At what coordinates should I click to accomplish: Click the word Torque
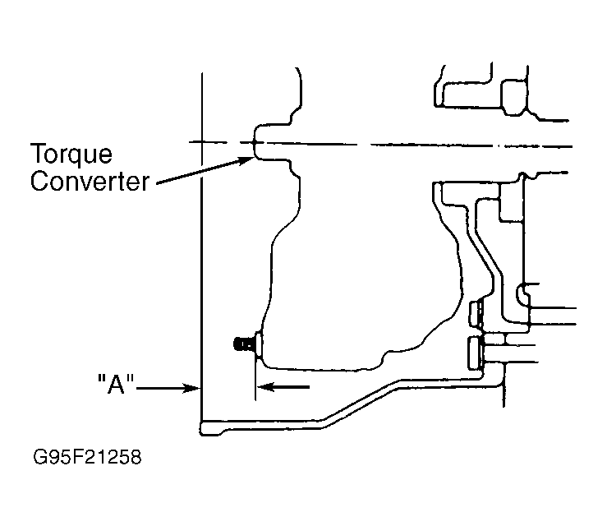click(x=71, y=155)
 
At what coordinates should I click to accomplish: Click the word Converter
click(x=90, y=182)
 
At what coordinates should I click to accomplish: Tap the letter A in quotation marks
click(x=116, y=385)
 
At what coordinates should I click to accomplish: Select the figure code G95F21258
click(x=88, y=457)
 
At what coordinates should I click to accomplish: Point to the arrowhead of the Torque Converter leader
click(x=248, y=159)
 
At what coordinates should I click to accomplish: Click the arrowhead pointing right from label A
click(x=192, y=388)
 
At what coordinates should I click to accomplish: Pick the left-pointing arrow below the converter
click(x=283, y=386)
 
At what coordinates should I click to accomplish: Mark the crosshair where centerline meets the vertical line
click(x=202, y=142)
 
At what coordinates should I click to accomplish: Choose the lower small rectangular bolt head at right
click(x=476, y=353)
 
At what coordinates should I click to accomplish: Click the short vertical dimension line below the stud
click(x=255, y=376)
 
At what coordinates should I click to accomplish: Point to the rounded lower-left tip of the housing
click(x=201, y=429)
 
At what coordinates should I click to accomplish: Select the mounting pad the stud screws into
click(x=259, y=344)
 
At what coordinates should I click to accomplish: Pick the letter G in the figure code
click(x=39, y=457)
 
